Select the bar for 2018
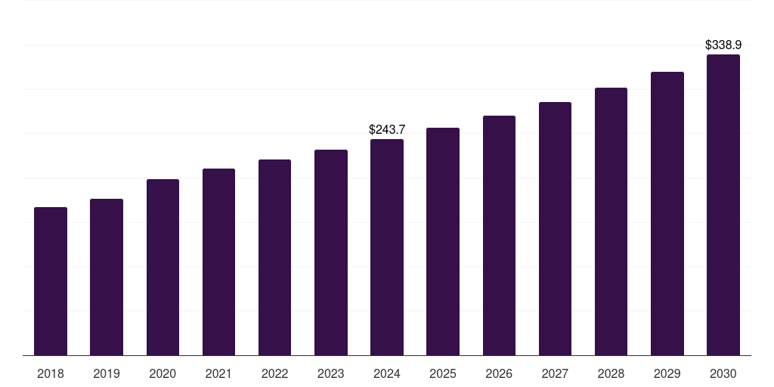(x=51, y=281)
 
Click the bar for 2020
(x=163, y=267)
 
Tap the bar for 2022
(x=274, y=257)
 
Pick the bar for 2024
(x=387, y=247)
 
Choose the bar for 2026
(x=499, y=235)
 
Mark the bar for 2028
(x=611, y=221)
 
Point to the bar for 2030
(x=723, y=205)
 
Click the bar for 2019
(x=107, y=277)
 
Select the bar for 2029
(x=667, y=213)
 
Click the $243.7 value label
(x=387, y=130)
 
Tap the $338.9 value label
(x=723, y=45)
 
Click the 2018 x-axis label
(x=51, y=373)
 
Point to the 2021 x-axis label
(x=218, y=373)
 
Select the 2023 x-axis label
(x=331, y=373)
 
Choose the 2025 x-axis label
(x=443, y=373)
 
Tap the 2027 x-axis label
(x=555, y=373)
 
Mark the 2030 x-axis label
(x=723, y=373)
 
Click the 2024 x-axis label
(x=387, y=373)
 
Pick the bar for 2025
(x=443, y=241)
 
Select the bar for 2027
(x=555, y=228)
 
